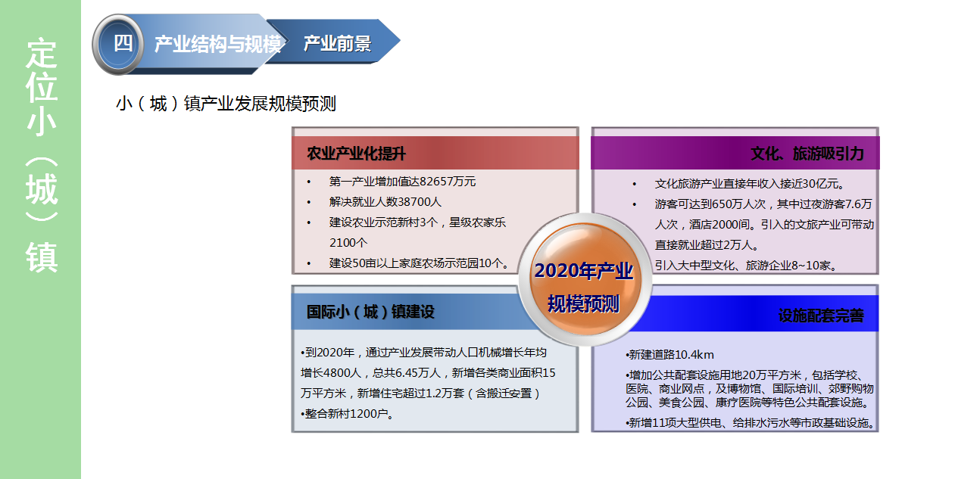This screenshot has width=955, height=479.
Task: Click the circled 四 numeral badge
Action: click(118, 45)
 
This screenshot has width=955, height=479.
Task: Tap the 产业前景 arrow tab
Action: click(337, 43)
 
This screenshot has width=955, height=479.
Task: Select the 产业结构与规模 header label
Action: click(218, 44)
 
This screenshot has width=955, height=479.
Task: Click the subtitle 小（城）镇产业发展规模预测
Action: click(226, 104)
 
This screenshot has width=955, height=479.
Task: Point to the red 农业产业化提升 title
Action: click(356, 154)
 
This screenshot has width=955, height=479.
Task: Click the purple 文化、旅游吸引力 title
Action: click(807, 154)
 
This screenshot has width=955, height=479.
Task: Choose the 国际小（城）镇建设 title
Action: click(370, 312)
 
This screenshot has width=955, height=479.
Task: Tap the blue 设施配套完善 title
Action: click(821, 316)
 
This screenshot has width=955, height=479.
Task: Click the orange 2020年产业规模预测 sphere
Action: click(585, 278)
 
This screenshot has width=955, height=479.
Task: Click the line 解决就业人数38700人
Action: click(385, 201)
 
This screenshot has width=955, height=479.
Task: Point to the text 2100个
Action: click(348, 242)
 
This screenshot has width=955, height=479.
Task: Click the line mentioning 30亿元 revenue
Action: click(750, 184)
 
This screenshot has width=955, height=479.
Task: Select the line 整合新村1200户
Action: click(347, 413)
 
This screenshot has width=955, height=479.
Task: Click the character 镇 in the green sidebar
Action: click(42, 257)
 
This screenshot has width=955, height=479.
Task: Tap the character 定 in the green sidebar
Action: click(42, 53)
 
